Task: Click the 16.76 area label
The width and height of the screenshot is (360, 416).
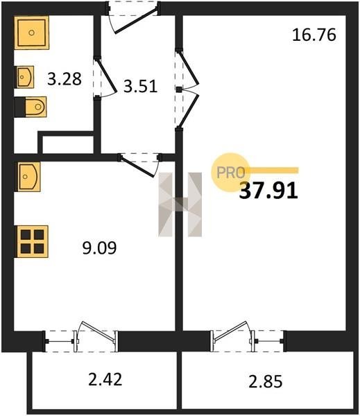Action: click(x=314, y=35)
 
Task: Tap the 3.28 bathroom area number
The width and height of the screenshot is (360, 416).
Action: click(x=65, y=79)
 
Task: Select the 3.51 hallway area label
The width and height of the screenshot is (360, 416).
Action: click(x=140, y=86)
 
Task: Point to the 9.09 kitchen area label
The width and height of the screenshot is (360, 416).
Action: click(x=99, y=248)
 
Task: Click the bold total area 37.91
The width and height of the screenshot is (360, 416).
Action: click(x=268, y=191)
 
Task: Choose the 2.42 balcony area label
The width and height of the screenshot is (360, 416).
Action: click(x=105, y=379)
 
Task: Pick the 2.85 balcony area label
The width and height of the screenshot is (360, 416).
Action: click(x=266, y=382)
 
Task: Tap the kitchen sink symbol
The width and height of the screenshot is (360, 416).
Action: click(x=29, y=177)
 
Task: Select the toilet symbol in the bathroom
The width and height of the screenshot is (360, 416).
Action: click(x=31, y=107)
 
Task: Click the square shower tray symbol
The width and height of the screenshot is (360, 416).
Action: click(x=32, y=33)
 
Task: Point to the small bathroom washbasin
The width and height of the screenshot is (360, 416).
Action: click(x=26, y=77)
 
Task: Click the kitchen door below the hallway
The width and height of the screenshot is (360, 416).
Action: click(x=140, y=165)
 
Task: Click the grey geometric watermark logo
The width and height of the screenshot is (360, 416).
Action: click(x=180, y=205)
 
